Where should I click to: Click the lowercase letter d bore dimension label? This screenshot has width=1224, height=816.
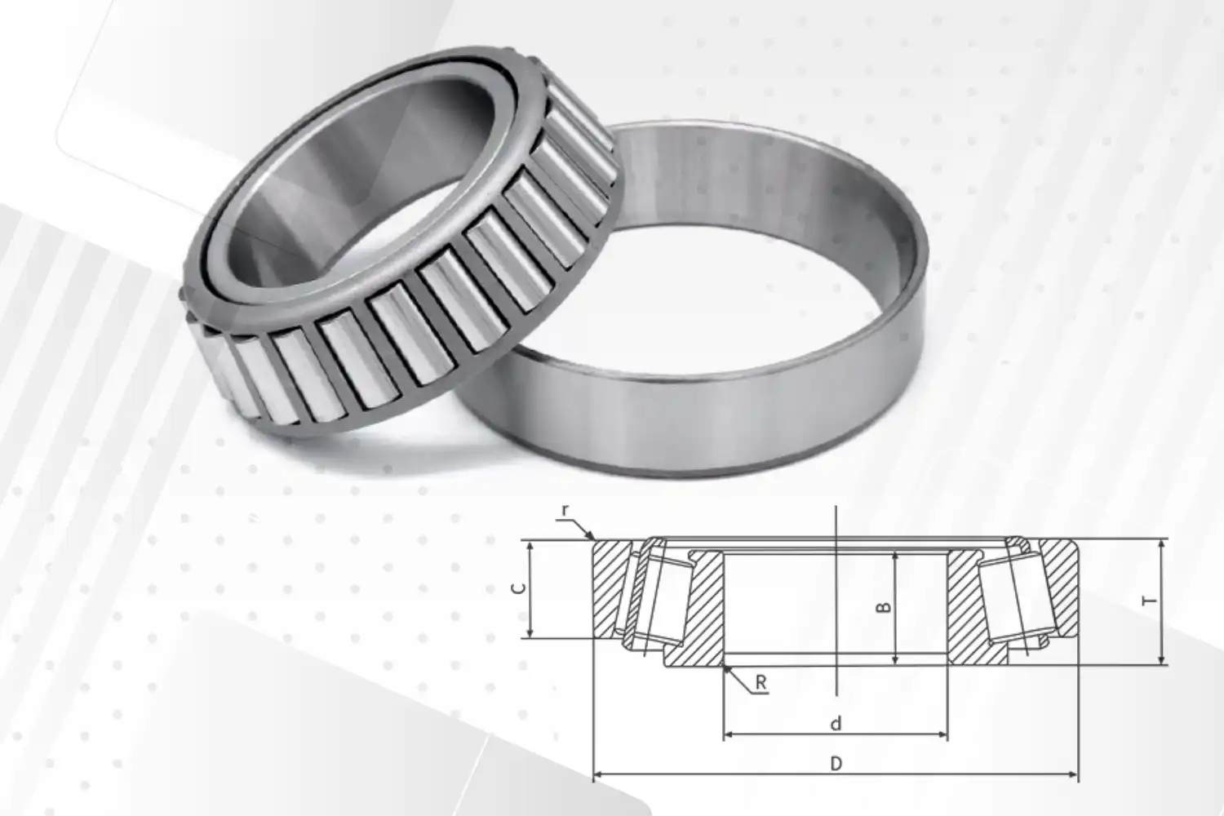[836, 723]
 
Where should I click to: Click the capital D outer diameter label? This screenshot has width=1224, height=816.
[836, 764]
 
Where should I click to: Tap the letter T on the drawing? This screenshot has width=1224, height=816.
[1150, 601]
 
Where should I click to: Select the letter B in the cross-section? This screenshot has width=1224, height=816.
[883, 607]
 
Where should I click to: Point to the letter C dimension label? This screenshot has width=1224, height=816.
[518, 588]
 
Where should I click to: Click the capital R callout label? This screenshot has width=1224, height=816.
[761, 682]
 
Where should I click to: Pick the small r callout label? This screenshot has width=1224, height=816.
[565, 511]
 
